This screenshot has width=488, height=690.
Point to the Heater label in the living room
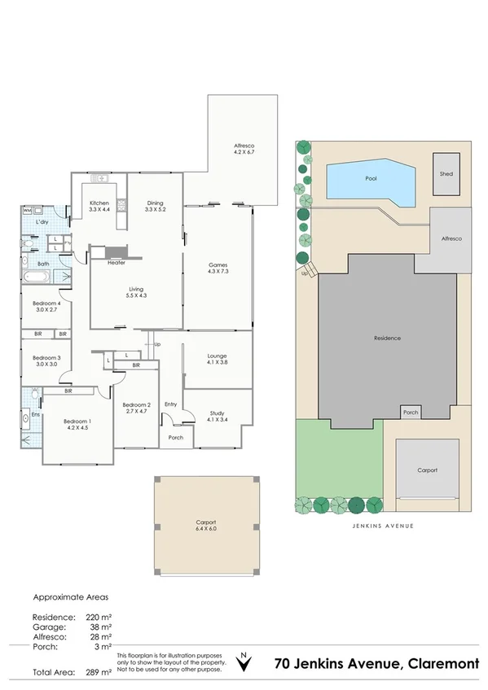(116, 263)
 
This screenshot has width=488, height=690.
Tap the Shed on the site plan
(446, 174)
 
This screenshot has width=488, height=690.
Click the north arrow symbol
(242, 662)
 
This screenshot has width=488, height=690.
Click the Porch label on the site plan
(411, 413)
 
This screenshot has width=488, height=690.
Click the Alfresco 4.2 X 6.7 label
(245, 149)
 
